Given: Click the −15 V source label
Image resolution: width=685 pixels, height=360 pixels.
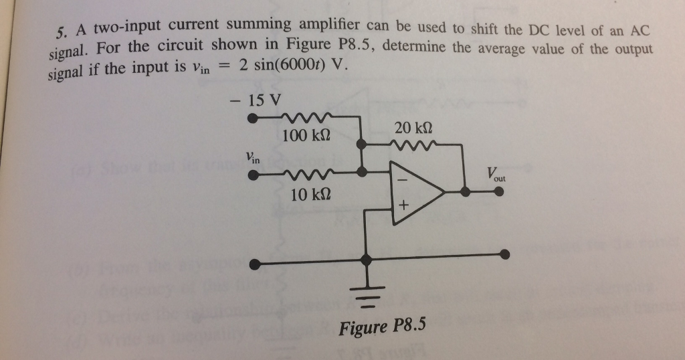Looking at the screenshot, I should click(256, 100).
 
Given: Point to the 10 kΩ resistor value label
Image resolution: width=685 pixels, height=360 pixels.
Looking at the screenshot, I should click(310, 195).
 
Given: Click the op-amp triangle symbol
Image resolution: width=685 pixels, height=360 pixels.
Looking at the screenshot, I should click(417, 192).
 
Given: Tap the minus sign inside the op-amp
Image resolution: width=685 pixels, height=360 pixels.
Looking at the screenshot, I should click(403, 180).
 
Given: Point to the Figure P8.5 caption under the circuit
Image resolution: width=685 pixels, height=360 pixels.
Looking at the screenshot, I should click(382, 328).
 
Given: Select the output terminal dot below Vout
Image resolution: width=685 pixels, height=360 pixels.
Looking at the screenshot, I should click(499, 191).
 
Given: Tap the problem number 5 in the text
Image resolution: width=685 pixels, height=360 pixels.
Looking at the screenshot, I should click(61, 33).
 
